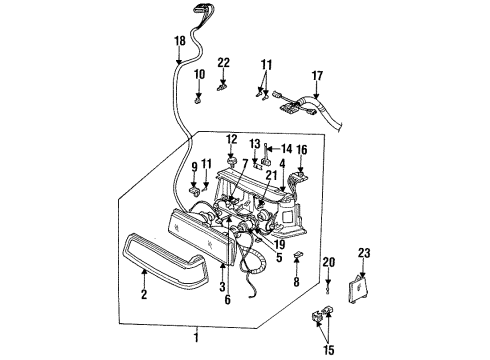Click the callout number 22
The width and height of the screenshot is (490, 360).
[x=224, y=62]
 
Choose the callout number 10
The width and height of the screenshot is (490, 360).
[x=198, y=74]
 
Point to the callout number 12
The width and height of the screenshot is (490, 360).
[x=231, y=139]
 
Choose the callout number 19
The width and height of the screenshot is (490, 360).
[x=279, y=242]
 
